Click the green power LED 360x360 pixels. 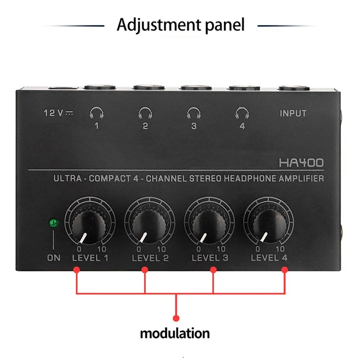tap(54, 222)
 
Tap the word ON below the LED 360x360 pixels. tap(54, 258)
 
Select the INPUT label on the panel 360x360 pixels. tap(293, 113)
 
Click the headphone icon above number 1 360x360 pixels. tap(96, 112)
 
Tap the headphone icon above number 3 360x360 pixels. tap(193, 112)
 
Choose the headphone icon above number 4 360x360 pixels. tap(242, 112)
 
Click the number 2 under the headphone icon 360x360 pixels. tap(145, 126)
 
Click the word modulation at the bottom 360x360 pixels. tap(175, 333)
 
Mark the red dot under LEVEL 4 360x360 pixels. tap(284, 270)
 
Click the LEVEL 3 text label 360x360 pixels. tap(210, 258)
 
